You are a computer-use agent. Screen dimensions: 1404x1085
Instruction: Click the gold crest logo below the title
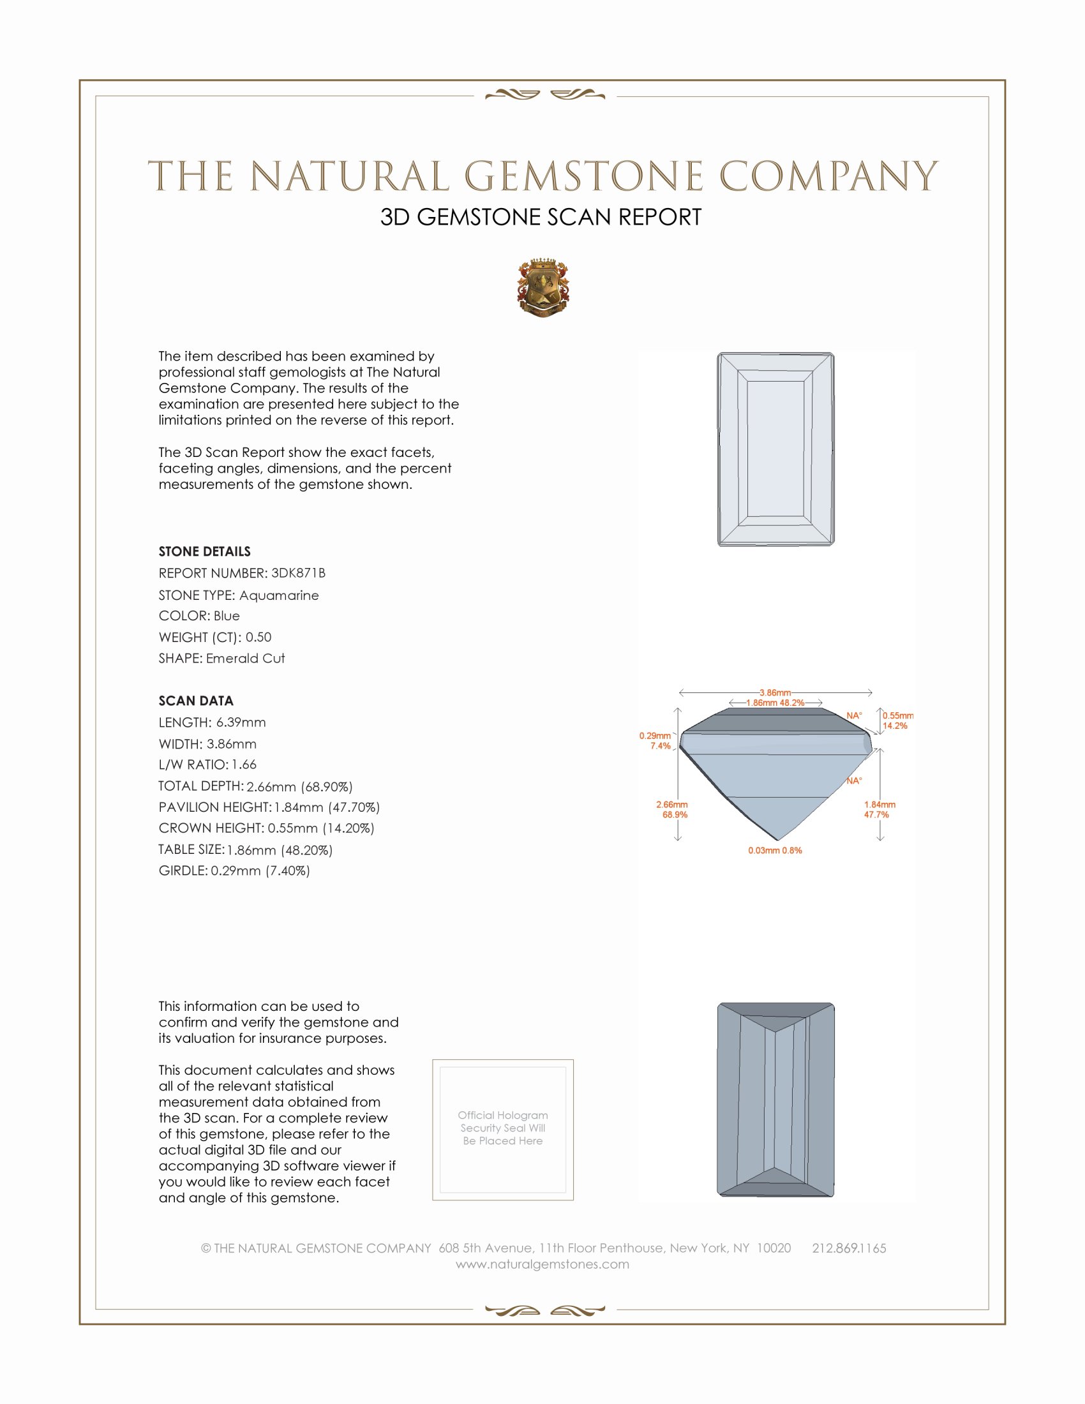click(543, 288)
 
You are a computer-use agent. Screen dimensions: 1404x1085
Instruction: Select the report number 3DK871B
click(298, 573)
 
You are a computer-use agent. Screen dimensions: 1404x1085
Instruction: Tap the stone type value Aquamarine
click(279, 595)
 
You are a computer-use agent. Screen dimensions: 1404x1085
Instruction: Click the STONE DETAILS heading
click(204, 551)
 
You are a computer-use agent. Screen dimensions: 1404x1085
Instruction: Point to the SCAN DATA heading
click(196, 701)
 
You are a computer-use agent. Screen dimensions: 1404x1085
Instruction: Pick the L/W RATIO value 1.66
click(244, 765)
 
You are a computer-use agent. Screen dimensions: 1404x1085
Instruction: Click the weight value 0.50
click(258, 637)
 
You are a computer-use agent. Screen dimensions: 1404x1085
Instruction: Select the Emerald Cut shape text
click(246, 659)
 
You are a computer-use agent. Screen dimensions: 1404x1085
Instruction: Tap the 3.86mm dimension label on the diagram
click(775, 692)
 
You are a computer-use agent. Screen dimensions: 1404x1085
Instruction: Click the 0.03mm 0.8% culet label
click(775, 851)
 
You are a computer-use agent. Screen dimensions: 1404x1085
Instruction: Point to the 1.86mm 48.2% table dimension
click(775, 703)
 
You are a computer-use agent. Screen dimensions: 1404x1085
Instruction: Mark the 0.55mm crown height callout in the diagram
click(897, 715)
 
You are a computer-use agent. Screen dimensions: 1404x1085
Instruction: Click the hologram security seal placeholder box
click(503, 1130)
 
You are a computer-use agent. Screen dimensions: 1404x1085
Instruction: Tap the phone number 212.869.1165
click(849, 1248)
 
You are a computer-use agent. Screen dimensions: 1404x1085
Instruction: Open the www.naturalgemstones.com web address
click(542, 1264)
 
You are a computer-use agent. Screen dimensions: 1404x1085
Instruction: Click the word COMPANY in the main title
click(828, 176)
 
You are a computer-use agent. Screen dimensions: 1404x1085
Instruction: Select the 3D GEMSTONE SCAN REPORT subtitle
click(541, 217)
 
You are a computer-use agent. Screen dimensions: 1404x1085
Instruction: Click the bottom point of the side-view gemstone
click(779, 840)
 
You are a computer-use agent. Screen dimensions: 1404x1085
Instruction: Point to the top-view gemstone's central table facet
click(776, 449)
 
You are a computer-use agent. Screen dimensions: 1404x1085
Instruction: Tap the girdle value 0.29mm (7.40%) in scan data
click(260, 870)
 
